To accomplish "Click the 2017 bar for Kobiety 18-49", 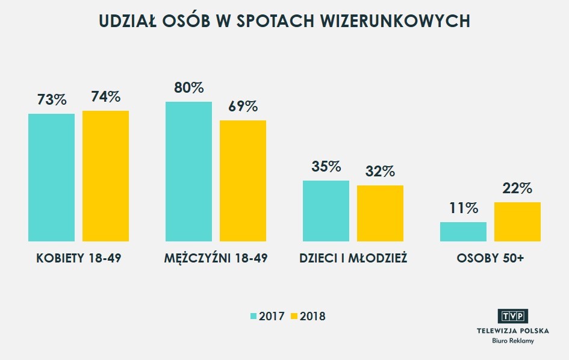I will click(51, 177).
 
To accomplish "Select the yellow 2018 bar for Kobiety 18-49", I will click(105, 176).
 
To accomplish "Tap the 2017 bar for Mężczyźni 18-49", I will click(188, 172).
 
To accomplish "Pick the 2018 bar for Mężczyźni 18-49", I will click(243, 181).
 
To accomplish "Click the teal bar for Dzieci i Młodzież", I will click(326, 211).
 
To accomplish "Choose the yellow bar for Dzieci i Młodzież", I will click(380, 213).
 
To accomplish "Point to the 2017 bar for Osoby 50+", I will click(463, 232).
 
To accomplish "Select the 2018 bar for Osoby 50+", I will click(517, 222).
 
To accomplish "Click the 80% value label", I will click(188, 88).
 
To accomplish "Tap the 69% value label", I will click(243, 107).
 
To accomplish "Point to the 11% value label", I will click(463, 209).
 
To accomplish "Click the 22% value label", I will click(517, 188).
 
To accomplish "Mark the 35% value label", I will click(326, 167).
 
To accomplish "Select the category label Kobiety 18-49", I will click(78, 258).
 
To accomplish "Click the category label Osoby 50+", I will click(490, 258).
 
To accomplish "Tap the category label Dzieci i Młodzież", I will click(353, 258).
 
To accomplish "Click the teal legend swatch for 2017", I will click(253, 316).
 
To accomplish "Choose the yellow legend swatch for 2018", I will click(294, 316).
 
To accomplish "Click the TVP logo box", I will click(512, 317).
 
